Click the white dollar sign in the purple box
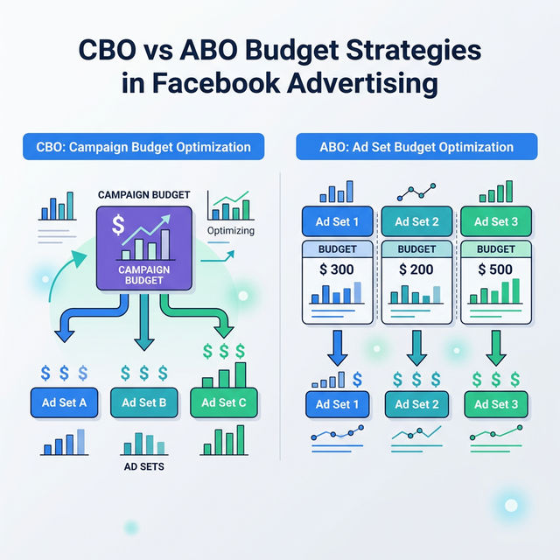click(x=118, y=227)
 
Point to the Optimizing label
click(x=231, y=231)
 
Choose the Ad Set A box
click(x=64, y=402)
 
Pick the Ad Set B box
click(x=144, y=402)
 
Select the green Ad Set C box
click(x=224, y=402)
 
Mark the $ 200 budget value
click(x=416, y=269)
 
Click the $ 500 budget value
click(x=495, y=269)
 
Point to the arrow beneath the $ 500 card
click(x=495, y=348)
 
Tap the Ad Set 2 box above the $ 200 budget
click(x=417, y=221)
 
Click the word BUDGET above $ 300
click(x=337, y=248)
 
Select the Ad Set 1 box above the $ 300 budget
click(x=337, y=221)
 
